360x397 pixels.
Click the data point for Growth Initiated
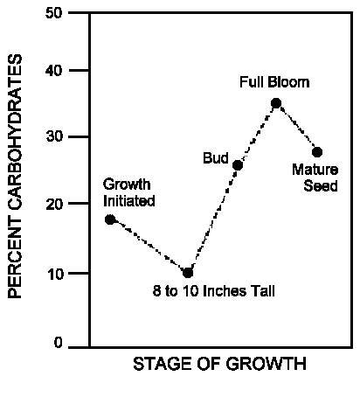(x=110, y=219)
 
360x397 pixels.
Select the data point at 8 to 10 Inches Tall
(x=188, y=273)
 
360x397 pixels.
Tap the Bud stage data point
(x=238, y=165)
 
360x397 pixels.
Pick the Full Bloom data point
(x=276, y=103)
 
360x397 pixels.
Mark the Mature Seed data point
(x=317, y=152)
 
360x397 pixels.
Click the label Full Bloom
(x=274, y=83)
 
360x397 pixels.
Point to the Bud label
(x=215, y=158)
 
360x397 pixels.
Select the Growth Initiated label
(x=128, y=192)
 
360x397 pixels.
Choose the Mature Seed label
(x=312, y=179)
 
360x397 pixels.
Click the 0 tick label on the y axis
(x=57, y=344)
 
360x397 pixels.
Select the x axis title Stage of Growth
(x=219, y=365)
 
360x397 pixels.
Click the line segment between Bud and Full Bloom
(x=257, y=134)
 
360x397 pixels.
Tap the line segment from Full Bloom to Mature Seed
(x=297, y=128)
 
